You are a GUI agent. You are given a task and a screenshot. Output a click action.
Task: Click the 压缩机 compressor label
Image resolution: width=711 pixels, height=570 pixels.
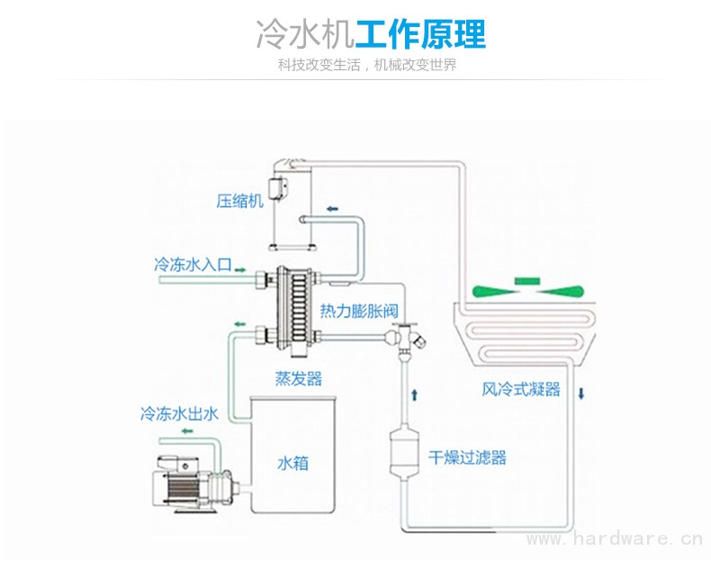(239, 200)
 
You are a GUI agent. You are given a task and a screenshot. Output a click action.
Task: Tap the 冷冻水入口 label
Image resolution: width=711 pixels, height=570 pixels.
(193, 265)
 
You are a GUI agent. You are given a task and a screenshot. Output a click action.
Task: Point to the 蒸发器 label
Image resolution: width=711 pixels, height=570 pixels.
(298, 378)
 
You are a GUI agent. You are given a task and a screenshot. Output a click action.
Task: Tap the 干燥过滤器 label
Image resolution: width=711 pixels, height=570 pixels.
(467, 457)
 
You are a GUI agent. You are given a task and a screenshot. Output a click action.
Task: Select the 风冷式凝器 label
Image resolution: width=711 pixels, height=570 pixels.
(521, 390)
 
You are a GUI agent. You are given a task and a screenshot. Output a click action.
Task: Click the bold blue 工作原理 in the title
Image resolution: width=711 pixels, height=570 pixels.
(420, 35)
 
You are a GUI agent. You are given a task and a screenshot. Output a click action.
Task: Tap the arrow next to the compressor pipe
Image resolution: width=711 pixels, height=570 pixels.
(333, 209)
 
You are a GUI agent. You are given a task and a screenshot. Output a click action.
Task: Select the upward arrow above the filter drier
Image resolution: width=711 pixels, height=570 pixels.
(415, 394)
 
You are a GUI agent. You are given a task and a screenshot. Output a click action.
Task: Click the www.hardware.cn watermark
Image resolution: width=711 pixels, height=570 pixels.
(613, 539)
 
